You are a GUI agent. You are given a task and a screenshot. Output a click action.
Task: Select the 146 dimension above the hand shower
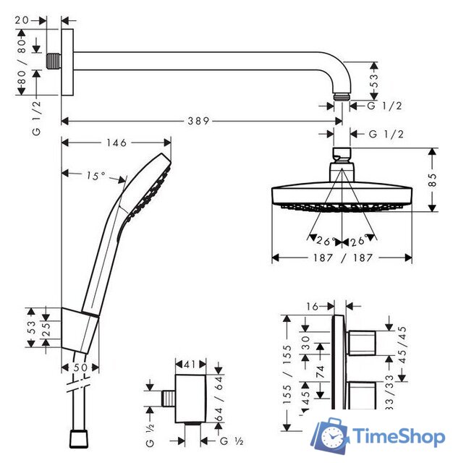coord(116,144)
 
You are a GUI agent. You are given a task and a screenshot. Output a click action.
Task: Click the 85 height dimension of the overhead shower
coord(433,180)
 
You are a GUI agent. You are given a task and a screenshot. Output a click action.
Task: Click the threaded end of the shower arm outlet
coord(342,95)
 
